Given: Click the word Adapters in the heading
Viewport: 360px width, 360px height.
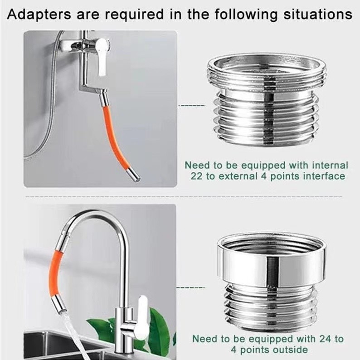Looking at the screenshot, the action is [x=39, y=15].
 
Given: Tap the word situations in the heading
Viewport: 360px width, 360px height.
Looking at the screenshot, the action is [x=318, y=15].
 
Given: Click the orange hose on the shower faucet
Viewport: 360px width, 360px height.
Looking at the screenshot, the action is [x=115, y=138].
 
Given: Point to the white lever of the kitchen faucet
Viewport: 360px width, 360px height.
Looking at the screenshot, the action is [x=141, y=317].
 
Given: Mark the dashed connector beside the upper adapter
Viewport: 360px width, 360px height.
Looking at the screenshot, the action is [x=192, y=106].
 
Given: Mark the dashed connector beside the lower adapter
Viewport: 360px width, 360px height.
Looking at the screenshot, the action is [x=190, y=287].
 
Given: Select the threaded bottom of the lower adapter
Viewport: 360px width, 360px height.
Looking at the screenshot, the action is [x=271, y=306].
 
